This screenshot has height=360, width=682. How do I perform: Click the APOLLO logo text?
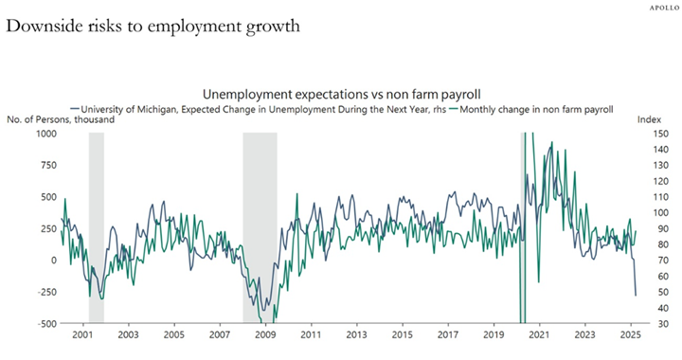coord(664,9)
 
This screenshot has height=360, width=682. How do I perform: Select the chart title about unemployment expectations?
coord(341,94)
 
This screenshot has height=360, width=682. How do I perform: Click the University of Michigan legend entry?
coord(259,109)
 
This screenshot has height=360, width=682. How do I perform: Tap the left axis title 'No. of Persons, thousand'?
coord(61,119)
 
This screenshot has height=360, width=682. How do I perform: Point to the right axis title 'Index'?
coord(649,119)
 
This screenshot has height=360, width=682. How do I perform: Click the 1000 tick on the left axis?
coord(46,134)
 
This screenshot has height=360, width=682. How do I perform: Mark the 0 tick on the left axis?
coord(54,260)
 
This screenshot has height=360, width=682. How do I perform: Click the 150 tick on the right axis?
coord(661,134)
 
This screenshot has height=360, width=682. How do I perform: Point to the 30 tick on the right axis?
coord(658,323)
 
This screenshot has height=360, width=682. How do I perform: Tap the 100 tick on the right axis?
coord(661,212)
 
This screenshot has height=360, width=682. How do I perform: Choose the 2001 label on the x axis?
coord(82,334)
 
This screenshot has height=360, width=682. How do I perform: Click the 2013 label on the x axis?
coord(357,334)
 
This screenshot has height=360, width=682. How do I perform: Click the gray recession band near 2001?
coord(97,227)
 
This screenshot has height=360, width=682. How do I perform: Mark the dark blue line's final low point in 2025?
coord(636,296)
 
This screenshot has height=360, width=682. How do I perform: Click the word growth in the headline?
coord(273,27)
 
